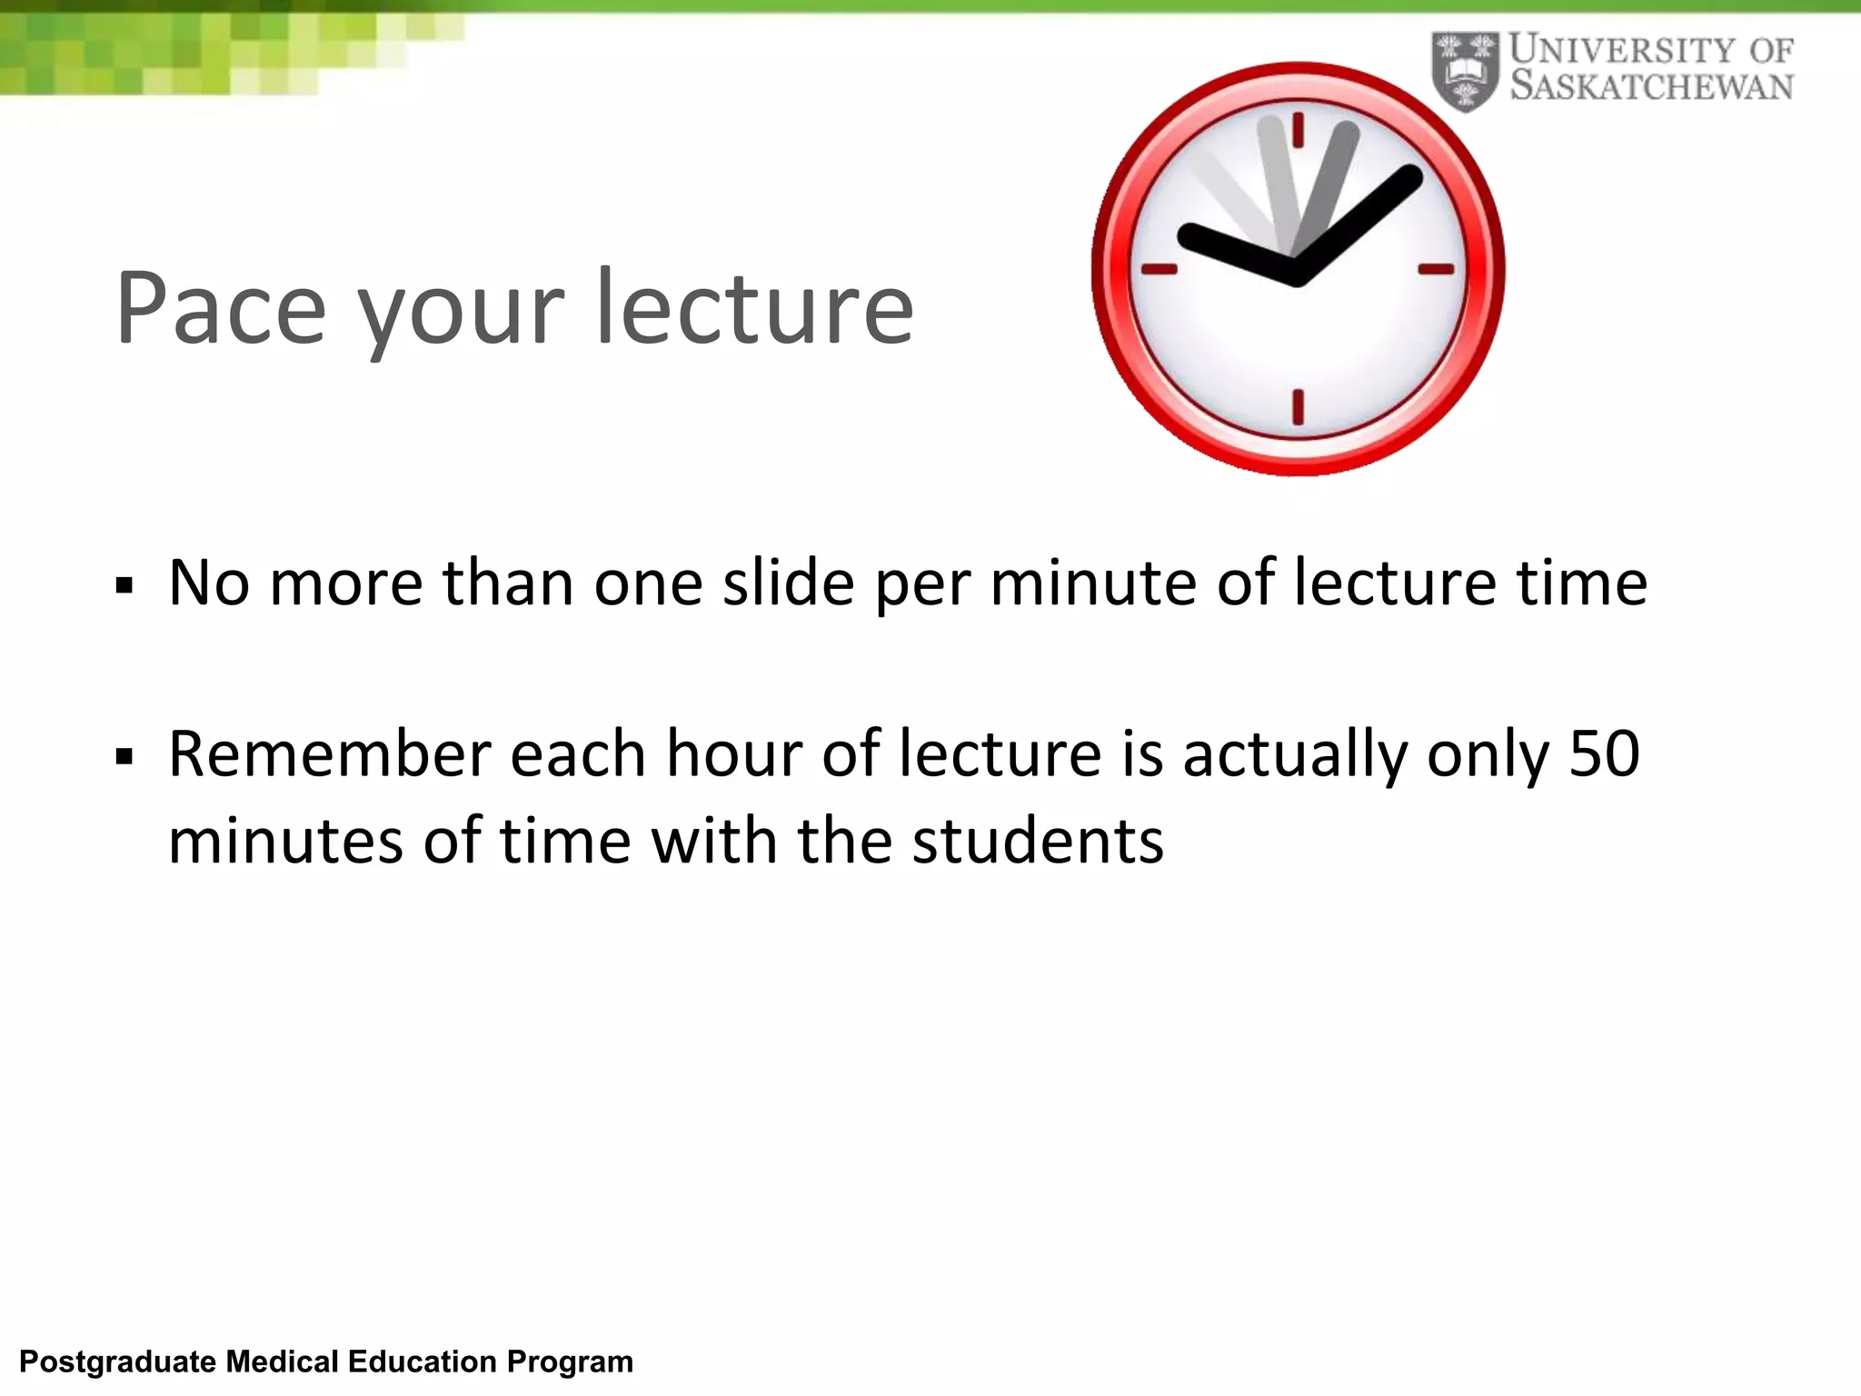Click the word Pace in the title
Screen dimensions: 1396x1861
click(x=221, y=308)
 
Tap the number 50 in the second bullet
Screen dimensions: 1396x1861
click(x=1604, y=754)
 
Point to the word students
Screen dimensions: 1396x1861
click(x=1038, y=841)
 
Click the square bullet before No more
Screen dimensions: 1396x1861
click(x=124, y=586)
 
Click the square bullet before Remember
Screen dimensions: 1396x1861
click(x=124, y=757)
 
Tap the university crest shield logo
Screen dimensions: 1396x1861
click(x=1465, y=71)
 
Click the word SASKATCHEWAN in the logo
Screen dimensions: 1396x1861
click(x=1651, y=87)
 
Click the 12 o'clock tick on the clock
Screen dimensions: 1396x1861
click(x=1298, y=129)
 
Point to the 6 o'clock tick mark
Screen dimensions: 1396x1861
click(x=1298, y=406)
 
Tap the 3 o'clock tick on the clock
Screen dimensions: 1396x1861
click(x=1436, y=269)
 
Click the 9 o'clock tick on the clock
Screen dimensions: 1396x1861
click(x=1159, y=269)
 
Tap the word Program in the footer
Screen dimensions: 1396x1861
click(x=570, y=1362)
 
